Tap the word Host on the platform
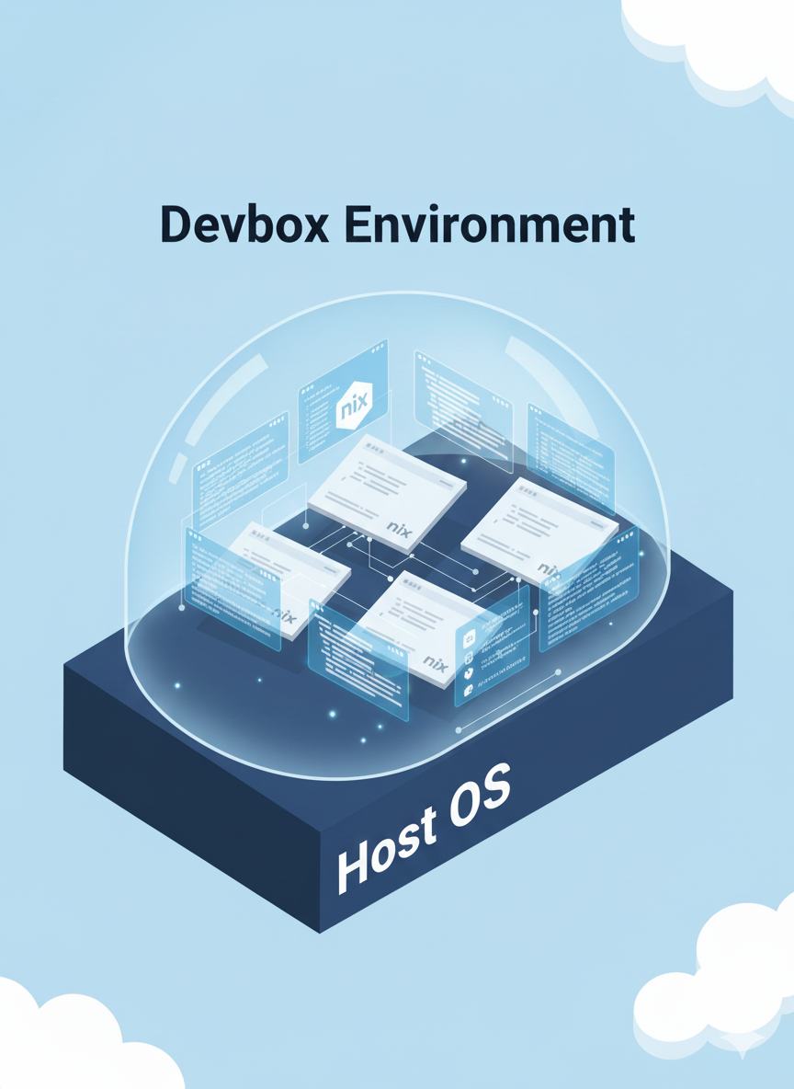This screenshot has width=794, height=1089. [384, 849]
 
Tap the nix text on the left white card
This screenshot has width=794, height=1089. [284, 615]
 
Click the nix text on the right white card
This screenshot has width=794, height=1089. [548, 569]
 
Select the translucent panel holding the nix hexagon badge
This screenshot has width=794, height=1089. [343, 401]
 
